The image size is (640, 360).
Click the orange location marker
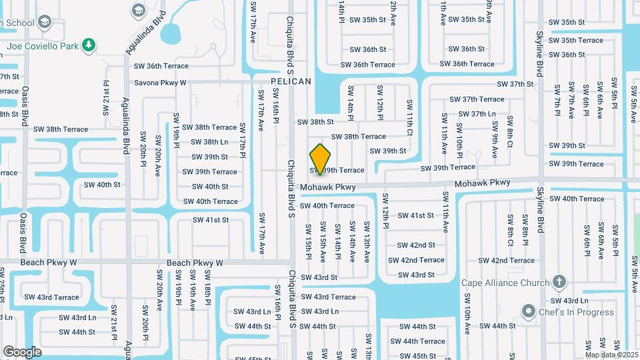pyautogui.click(x=321, y=160)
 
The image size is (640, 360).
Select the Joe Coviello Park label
pyautogui.click(x=41, y=47)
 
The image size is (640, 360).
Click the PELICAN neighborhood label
pyautogui.click(x=291, y=81)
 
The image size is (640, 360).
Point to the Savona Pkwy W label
pyautogui.click(x=160, y=83)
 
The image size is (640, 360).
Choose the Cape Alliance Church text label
pyautogui.click(x=505, y=283)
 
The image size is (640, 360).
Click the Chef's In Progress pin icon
pyautogui.click(x=529, y=311)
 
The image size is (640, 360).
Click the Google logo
pyautogui.click(x=22, y=351)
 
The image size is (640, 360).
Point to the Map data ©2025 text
pyautogui.click(x=612, y=355)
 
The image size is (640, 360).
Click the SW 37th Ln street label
pyautogui.click(x=473, y=114)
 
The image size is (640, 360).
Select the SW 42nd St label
pyautogui.click(x=417, y=245)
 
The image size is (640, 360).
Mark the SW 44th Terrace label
pyautogui.click(x=423, y=341)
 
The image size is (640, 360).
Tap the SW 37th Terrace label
pyautogui.click(x=477, y=99)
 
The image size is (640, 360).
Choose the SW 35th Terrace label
pyautogui.click(x=576, y=40)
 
